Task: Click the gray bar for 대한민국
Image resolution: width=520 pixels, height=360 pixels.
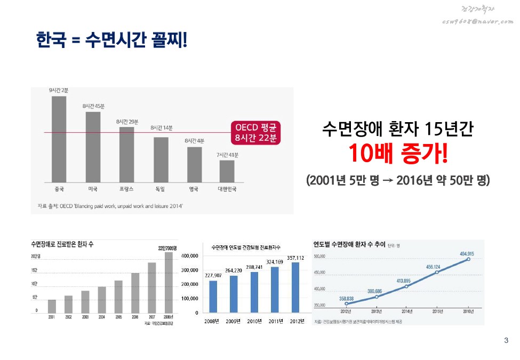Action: coord(227,171)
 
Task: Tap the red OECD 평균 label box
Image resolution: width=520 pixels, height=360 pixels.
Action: coord(255,133)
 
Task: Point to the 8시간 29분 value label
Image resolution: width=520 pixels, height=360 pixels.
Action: coord(127,122)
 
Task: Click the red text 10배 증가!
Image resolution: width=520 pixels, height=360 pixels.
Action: coord(398,154)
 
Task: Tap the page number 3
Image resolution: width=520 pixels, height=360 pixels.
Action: coord(506,341)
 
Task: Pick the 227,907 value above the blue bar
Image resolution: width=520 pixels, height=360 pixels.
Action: coord(213,275)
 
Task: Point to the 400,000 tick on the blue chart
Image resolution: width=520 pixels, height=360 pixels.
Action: coord(190,256)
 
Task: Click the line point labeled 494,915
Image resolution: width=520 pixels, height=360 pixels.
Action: coord(468,259)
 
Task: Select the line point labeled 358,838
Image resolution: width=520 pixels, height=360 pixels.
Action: coord(347,303)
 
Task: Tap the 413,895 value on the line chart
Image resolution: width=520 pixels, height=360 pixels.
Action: coord(403,281)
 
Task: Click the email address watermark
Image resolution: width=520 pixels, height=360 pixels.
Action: coord(477,22)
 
